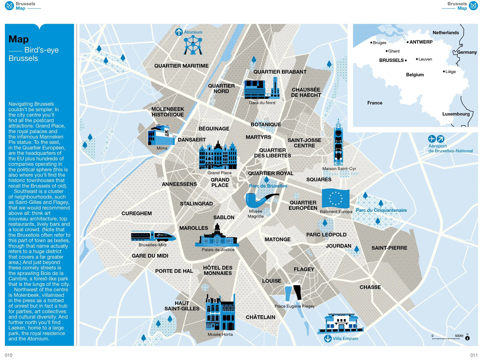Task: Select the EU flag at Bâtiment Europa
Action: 335,199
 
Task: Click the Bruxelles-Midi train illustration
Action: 153,236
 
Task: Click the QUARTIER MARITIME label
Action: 181,66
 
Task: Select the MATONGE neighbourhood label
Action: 277,240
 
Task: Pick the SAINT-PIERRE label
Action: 389,248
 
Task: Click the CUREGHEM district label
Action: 136,214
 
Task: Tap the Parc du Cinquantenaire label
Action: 381,210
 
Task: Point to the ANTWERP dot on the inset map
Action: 408,42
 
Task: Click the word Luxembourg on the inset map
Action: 456,114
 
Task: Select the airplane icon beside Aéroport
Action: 432,139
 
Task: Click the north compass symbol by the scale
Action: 467,338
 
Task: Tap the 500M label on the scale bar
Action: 459,336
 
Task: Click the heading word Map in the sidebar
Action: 19,39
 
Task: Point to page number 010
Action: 9,355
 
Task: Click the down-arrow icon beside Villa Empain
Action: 328,339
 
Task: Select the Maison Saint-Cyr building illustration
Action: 338,143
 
